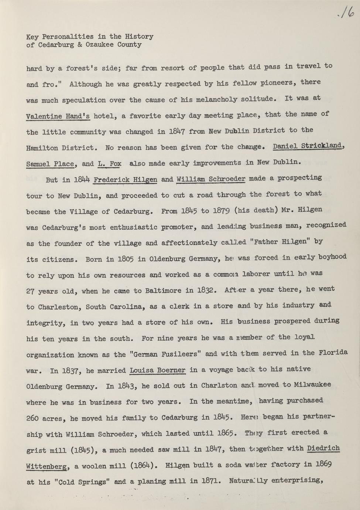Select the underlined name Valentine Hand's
click(x=58, y=116)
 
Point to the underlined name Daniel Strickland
click(x=307, y=146)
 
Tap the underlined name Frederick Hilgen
click(x=125, y=180)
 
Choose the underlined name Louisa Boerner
click(x=158, y=370)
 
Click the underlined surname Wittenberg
click(x=47, y=467)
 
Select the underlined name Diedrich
click(x=323, y=448)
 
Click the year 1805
click(x=126, y=259)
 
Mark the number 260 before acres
click(x=34, y=418)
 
